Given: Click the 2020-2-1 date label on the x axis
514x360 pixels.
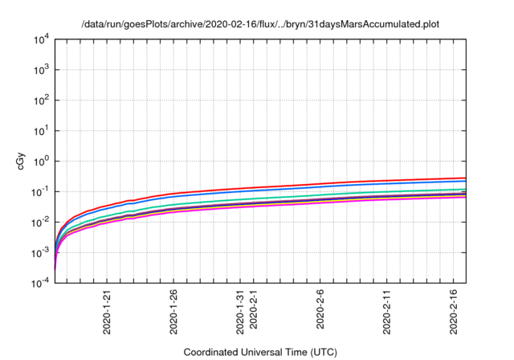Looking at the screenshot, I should coord(254,308).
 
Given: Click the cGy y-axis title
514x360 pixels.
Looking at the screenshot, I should coord(22,162).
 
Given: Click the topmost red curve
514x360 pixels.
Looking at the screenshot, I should coord(321,182).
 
